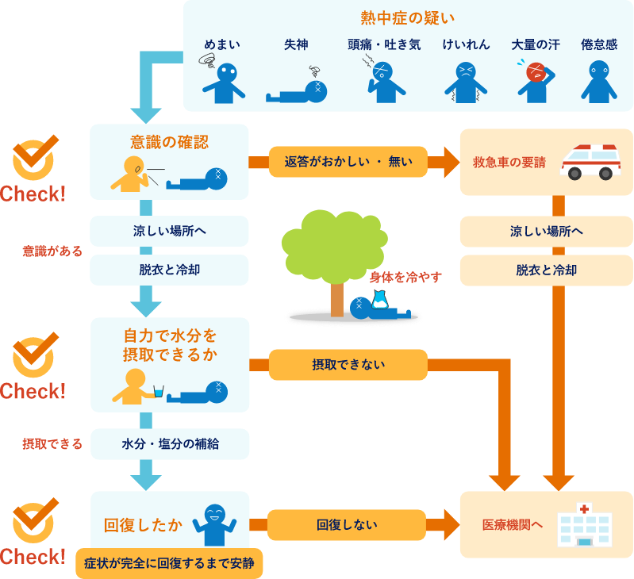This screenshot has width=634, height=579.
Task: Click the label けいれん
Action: [x=466, y=45]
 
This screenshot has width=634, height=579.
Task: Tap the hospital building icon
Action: [x=584, y=524]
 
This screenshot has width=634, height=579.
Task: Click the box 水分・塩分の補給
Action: [x=170, y=444]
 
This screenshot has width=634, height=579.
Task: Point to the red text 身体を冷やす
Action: [x=405, y=277]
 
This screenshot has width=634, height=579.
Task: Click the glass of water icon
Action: [x=159, y=392]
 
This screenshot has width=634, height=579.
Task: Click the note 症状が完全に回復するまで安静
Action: [x=170, y=563]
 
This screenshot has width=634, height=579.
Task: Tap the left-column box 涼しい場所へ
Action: [x=169, y=232]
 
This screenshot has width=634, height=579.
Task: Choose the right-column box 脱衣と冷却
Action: [x=546, y=270]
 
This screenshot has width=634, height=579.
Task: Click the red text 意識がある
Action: [x=52, y=251]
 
